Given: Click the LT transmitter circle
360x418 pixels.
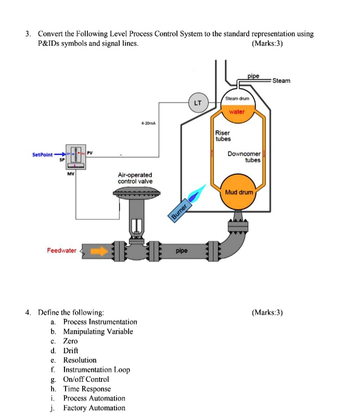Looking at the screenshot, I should coord(198,102).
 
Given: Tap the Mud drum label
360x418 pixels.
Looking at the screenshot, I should coord(239,192).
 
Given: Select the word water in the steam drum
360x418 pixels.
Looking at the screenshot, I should coord(237,111).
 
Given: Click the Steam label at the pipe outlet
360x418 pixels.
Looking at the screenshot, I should coord(281,81).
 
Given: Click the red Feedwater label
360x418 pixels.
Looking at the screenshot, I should coord(61,251).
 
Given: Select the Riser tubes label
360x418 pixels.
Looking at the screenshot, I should coord(223,136).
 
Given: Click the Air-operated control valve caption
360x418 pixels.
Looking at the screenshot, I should coord(135,178).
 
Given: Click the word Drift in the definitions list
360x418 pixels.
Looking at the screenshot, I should coord(70,350).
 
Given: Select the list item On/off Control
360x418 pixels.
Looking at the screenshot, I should coord(86,379).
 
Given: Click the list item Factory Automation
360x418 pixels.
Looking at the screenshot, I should coord(94,408).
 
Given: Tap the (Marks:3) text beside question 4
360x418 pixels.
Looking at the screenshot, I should coord(267,312).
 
